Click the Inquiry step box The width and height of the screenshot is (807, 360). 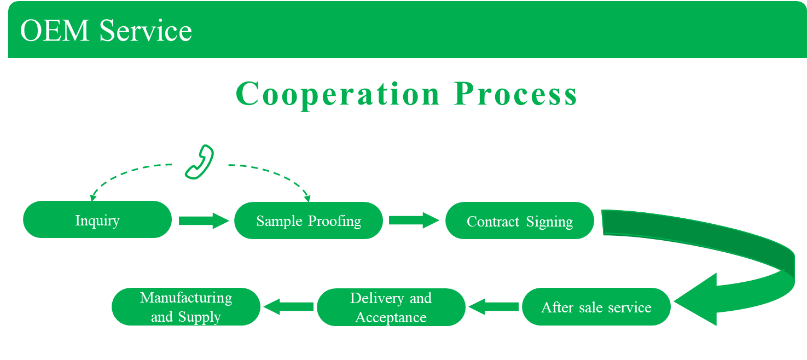click(97, 219)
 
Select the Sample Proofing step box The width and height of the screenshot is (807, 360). click(309, 220)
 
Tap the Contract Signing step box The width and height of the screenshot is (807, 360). click(520, 220)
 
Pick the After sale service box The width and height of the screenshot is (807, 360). click(596, 306)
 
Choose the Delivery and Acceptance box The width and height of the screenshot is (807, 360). click(391, 307)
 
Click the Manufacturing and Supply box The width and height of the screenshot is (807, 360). click(186, 306)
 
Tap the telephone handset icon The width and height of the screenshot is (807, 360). click(199, 162)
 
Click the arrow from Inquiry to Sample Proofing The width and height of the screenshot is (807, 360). click(203, 220)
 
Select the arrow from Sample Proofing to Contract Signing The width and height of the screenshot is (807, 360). click(414, 220)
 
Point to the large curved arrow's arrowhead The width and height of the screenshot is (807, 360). click(698, 300)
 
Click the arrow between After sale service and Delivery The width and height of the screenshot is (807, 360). click(494, 306)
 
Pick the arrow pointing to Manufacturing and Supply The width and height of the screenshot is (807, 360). click(289, 306)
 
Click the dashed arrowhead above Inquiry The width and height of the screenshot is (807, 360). click(93, 196)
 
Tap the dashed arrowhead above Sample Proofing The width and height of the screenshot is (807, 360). click(307, 197)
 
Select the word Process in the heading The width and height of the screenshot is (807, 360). click(515, 94)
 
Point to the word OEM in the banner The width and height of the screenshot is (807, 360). click(55, 31)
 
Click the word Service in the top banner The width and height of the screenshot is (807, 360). click(146, 31)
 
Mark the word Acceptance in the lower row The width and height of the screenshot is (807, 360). click(391, 317)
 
